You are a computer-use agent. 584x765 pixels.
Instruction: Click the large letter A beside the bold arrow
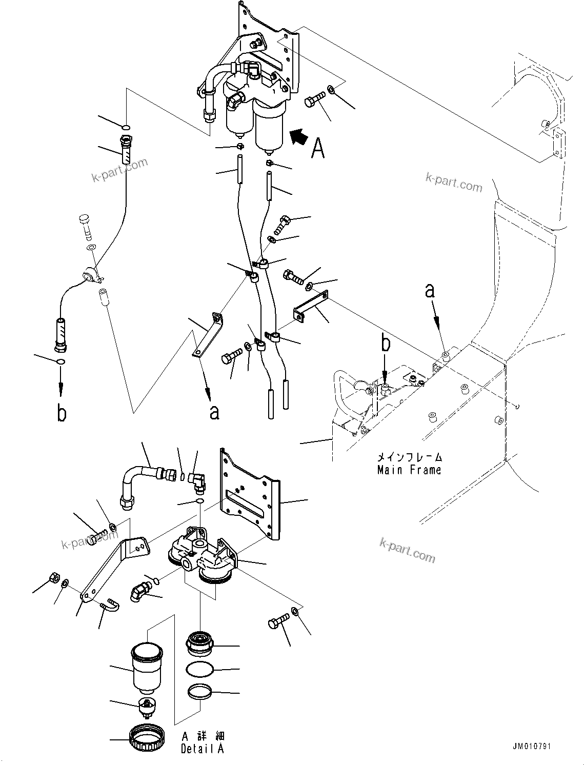point(318,148)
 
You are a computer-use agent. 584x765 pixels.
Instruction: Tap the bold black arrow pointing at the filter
point(300,137)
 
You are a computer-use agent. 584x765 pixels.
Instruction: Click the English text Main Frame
point(409,470)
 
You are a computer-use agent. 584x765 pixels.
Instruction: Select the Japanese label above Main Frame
point(409,456)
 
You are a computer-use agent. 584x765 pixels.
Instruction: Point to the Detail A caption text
point(202,749)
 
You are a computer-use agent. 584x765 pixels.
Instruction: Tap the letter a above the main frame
point(430,291)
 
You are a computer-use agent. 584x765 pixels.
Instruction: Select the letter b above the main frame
point(386,344)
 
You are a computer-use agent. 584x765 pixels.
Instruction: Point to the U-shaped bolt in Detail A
point(110,605)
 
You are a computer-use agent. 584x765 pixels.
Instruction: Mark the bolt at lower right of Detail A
point(277,625)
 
